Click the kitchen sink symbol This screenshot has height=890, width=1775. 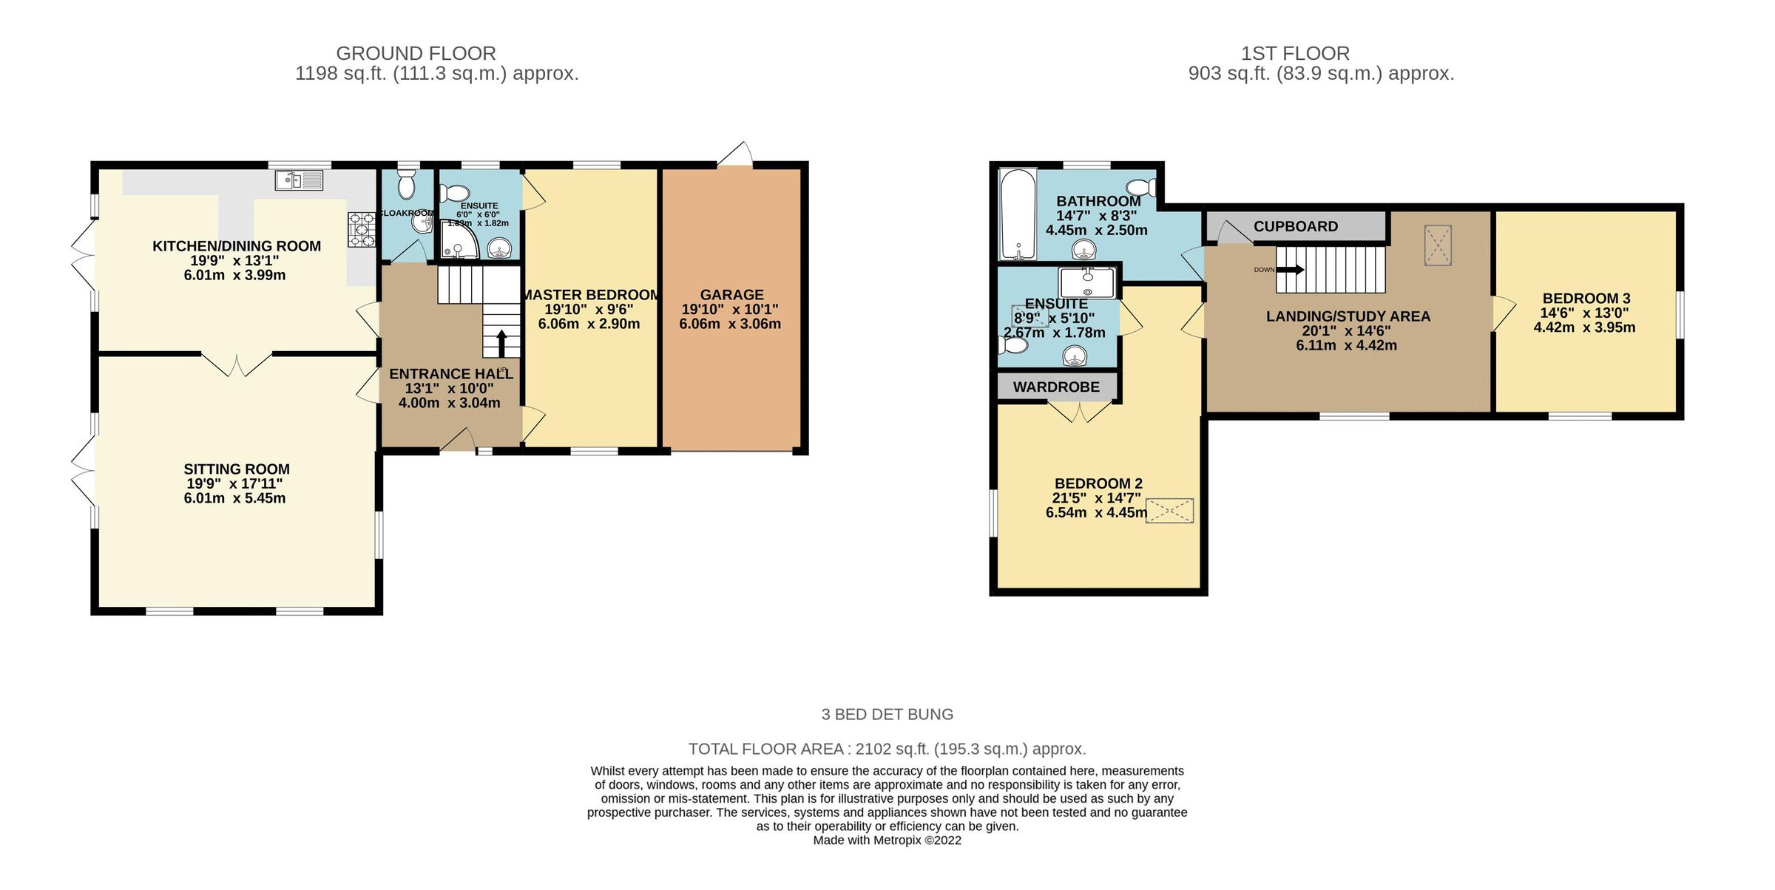(x=299, y=180)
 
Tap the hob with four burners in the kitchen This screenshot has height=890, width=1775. (x=362, y=230)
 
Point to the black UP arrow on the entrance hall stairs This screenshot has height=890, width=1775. (x=501, y=344)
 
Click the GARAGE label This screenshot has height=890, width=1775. (x=731, y=295)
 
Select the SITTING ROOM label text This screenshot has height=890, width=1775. (x=237, y=469)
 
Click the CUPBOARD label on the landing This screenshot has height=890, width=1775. (x=1295, y=227)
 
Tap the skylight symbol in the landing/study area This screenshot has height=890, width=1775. (x=1438, y=245)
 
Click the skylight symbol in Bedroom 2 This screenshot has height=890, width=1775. (x=1169, y=511)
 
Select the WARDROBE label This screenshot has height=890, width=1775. (x=1056, y=387)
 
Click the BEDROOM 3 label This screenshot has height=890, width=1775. (x=1586, y=299)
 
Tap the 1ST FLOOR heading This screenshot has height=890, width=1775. (x=1295, y=54)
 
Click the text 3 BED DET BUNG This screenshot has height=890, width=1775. (x=887, y=715)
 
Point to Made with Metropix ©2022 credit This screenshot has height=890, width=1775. (x=887, y=840)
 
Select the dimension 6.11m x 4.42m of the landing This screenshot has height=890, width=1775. (x=1346, y=345)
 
